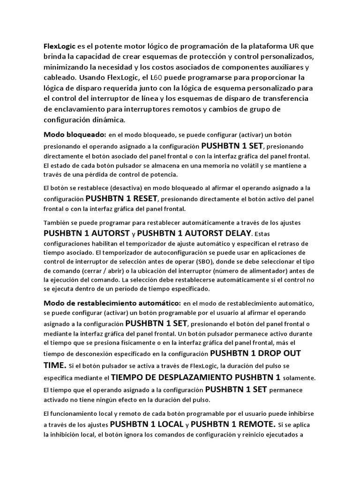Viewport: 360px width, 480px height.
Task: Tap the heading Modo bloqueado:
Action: pyautogui.click(x=75, y=135)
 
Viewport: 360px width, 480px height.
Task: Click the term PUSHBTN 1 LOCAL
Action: pyautogui.click(x=146, y=424)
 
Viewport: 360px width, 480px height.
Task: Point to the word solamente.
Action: pyautogui.click(x=299, y=378)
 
